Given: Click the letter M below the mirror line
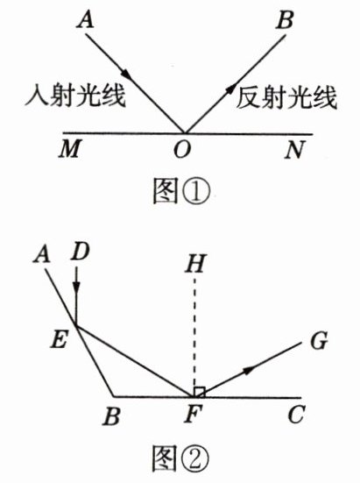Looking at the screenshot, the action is click(70, 149).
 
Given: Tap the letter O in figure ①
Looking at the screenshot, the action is click(182, 149).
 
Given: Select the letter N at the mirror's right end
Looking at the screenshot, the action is click(295, 149).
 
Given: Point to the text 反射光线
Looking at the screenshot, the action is click(286, 97).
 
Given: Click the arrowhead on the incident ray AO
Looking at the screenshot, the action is click(125, 74).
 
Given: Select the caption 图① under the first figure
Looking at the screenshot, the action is click(181, 191).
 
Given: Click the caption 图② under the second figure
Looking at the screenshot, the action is click(181, 458).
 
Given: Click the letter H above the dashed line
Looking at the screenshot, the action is click(194, 265).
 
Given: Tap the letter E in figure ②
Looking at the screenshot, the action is click(59, 340).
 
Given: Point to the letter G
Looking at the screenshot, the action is click(319, 340).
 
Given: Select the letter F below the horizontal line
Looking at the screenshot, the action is click(193, 414).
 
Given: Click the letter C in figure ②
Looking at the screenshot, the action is click(297, 415).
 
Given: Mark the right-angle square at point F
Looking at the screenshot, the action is click(199, 392).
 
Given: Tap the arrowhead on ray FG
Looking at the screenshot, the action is click(248, 371).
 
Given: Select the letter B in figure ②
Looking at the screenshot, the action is click(111, 416).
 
